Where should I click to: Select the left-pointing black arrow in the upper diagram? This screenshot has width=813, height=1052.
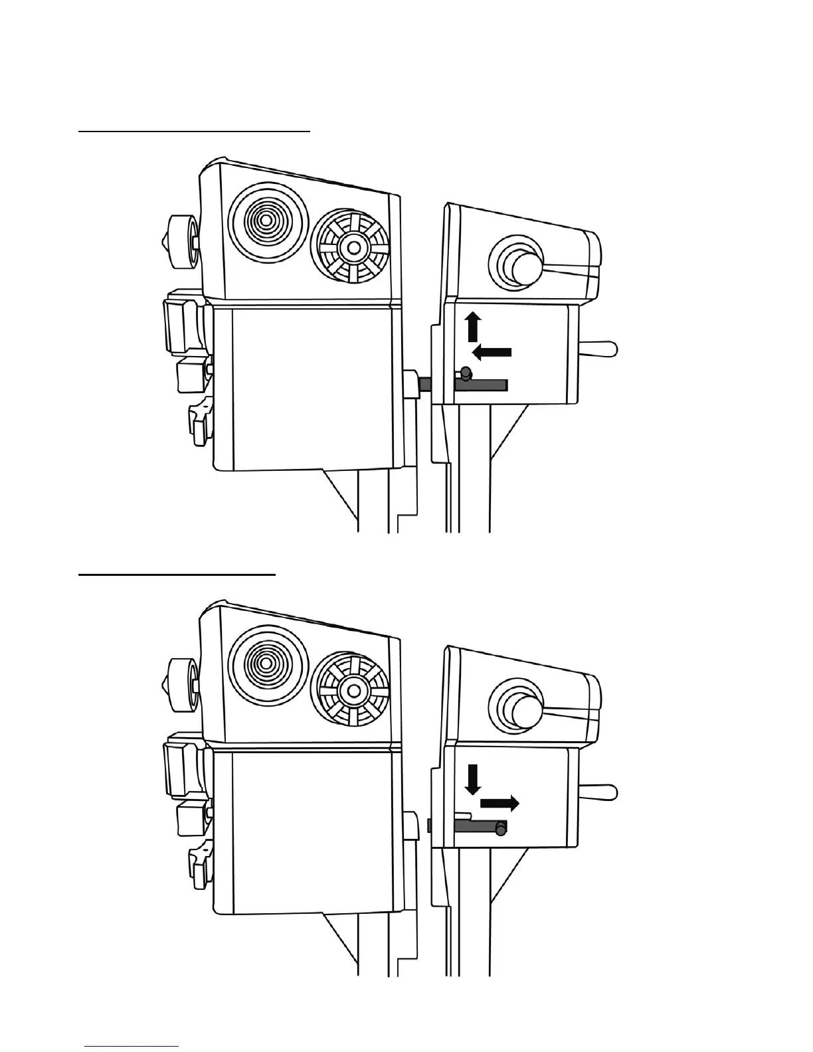[492, 351]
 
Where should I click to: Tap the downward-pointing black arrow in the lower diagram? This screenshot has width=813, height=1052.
[473, 779]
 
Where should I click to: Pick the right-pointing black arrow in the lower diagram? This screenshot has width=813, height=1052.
[499, 804]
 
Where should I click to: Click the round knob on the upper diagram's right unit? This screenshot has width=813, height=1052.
[523, 266]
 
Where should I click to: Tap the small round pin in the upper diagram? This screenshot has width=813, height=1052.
[466, 372]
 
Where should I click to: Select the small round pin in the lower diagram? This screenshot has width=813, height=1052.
[500, 829]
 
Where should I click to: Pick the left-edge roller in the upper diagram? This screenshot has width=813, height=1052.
[181, 242]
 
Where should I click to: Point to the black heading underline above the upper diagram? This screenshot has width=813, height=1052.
[195, 131]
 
